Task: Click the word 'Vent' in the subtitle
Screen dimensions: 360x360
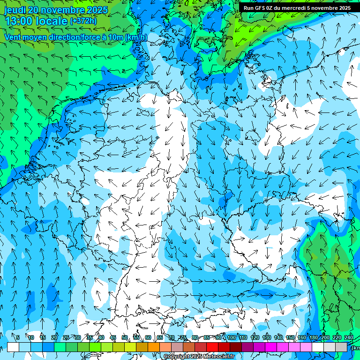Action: coord(14,37)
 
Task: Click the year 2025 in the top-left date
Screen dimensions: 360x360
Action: coord(94,10)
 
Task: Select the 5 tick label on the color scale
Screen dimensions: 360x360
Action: coord(18,337)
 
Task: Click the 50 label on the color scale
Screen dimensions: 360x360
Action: coord(125,337)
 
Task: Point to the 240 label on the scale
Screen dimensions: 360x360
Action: coord(349,337)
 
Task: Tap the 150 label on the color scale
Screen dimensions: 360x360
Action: coord(290,337)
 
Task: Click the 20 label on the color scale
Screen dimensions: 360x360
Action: coord(54,337)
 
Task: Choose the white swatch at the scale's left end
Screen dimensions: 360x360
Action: coord(13,347)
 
